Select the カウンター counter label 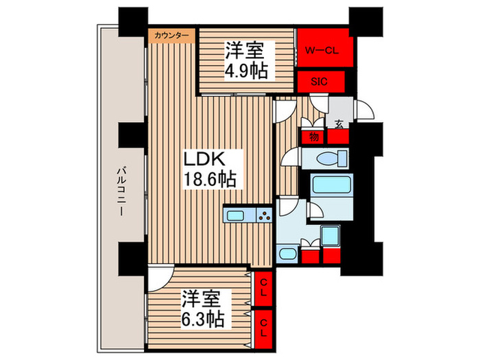pos(171,35)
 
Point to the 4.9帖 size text pos(244,70)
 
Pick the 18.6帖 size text pos(208,180)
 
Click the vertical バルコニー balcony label pos(121,191)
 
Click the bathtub pos(331,185)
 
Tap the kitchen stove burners pos(264,217)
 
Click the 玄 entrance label pos(338,124)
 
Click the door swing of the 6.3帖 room pos(158,278)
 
